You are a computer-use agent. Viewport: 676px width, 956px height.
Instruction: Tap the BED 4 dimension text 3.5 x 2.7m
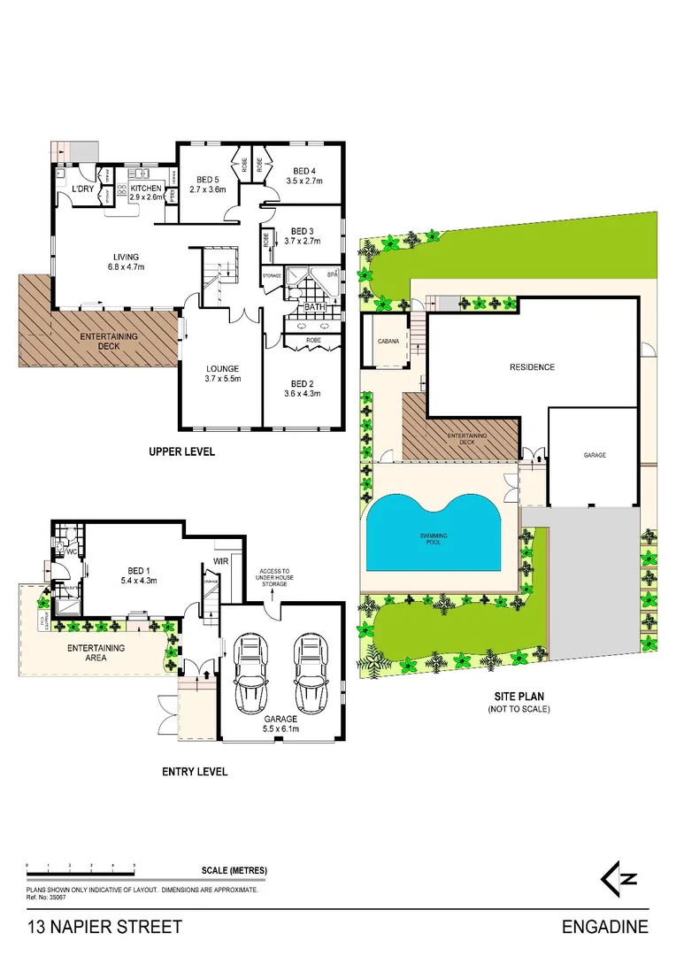(x=303, y=181)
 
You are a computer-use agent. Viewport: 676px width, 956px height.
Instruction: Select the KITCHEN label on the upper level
(x=146, y=189)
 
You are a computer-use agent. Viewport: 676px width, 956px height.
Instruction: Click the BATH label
(x=314, y=308)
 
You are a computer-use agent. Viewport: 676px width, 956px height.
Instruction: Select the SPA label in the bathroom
(x=333, y=275)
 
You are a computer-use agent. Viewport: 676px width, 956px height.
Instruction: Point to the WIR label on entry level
(x=221, y=560)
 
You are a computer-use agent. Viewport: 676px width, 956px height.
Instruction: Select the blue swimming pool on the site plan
(x=434, y=533)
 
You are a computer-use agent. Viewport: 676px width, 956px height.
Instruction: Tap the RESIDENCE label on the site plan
(x=531, y=366)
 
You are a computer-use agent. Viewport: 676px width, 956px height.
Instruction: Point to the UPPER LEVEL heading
(x=182, y=452)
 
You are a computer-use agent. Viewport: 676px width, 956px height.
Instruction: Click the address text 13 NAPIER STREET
(x=104, y=928)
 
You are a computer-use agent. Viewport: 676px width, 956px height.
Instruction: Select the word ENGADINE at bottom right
(x=605, y=928)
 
